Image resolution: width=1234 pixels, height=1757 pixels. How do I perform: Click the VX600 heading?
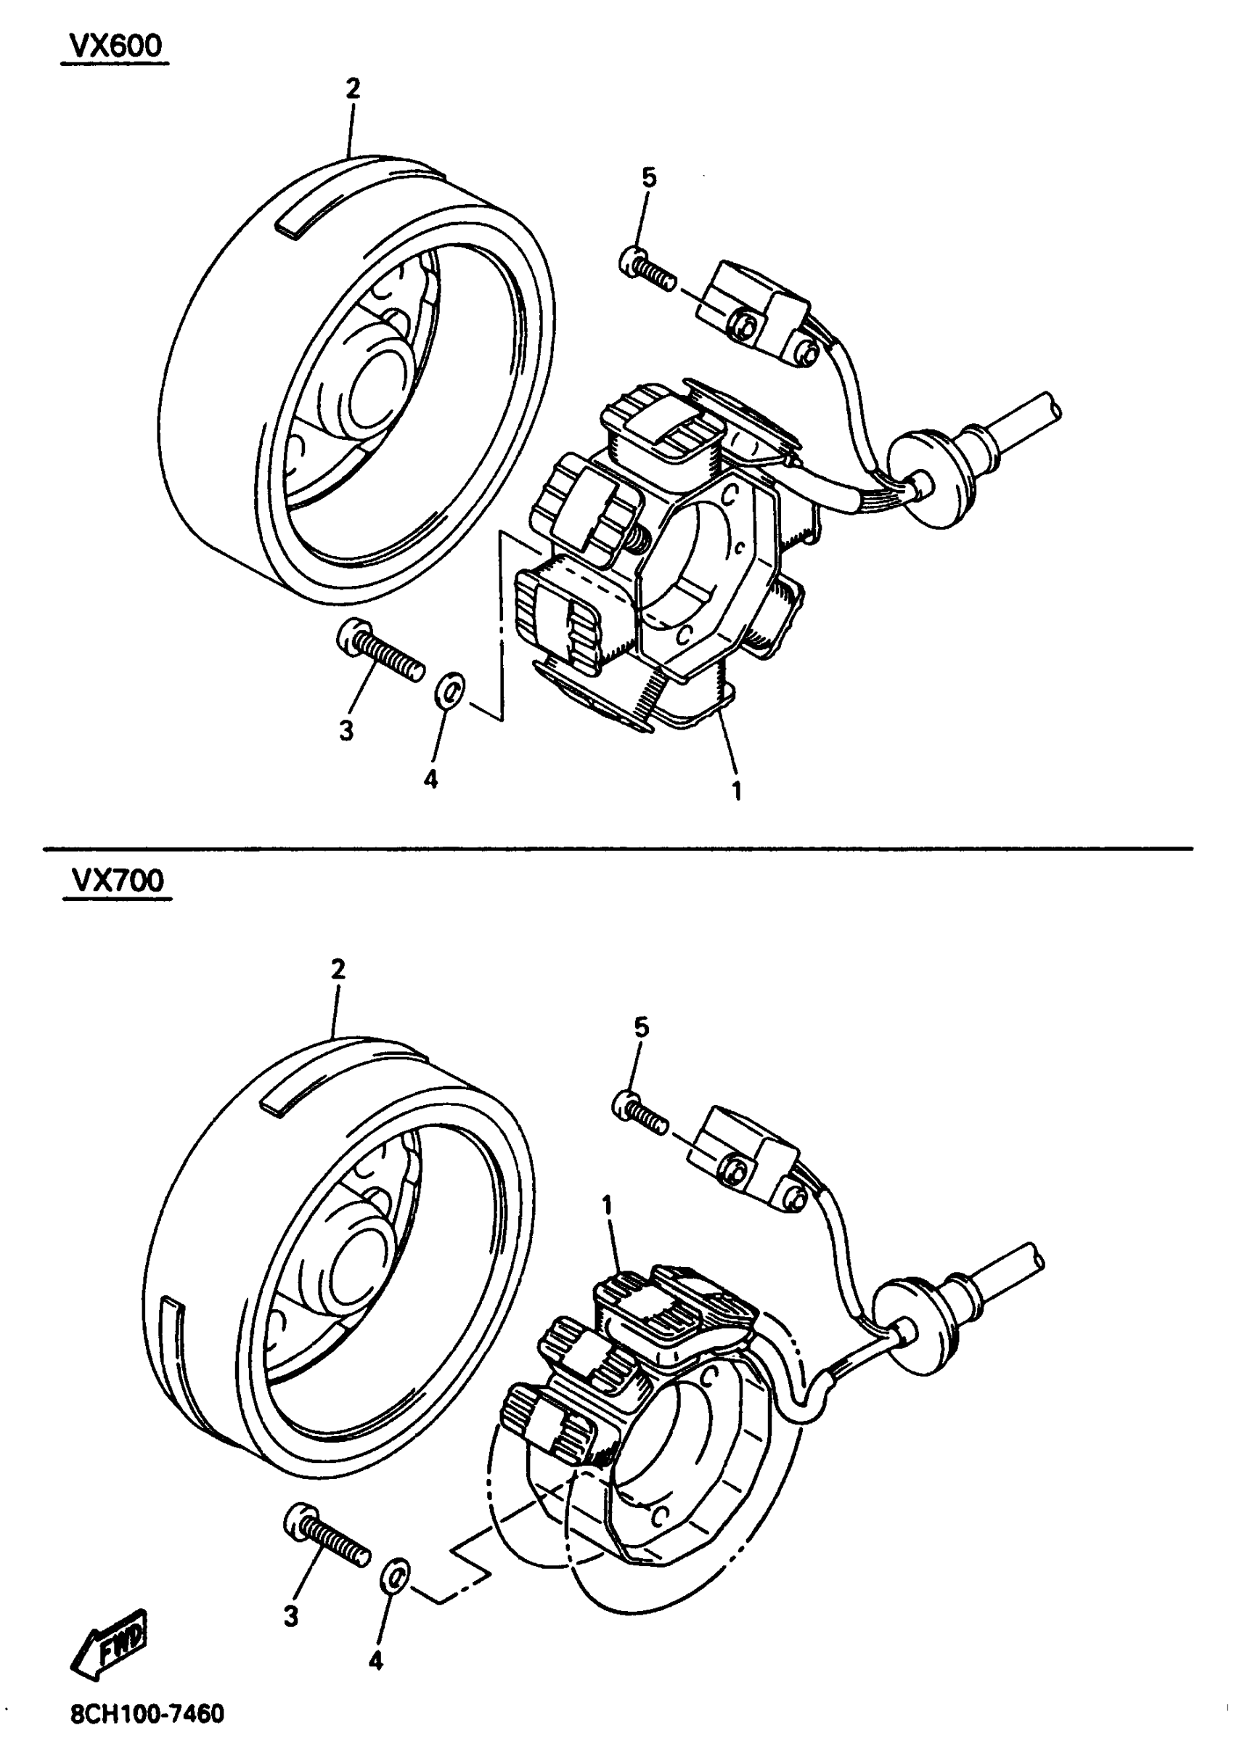tap(116, 46)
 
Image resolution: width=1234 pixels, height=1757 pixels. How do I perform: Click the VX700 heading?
tap(118, 881)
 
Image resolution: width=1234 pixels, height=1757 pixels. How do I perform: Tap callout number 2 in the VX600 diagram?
tap(352, 89)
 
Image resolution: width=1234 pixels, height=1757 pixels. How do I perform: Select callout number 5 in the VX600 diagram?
tap(649, 178)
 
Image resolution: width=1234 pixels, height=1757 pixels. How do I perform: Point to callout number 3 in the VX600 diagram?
tap(346, 731)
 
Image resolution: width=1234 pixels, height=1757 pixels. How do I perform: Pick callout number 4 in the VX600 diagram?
tap(430, 780)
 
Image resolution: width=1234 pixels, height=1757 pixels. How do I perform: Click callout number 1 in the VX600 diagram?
tap(737, 791)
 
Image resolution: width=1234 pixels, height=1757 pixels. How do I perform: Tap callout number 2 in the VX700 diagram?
tap(338, 969)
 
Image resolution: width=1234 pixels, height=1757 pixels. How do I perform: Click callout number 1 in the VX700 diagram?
tap(608, 1206)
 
